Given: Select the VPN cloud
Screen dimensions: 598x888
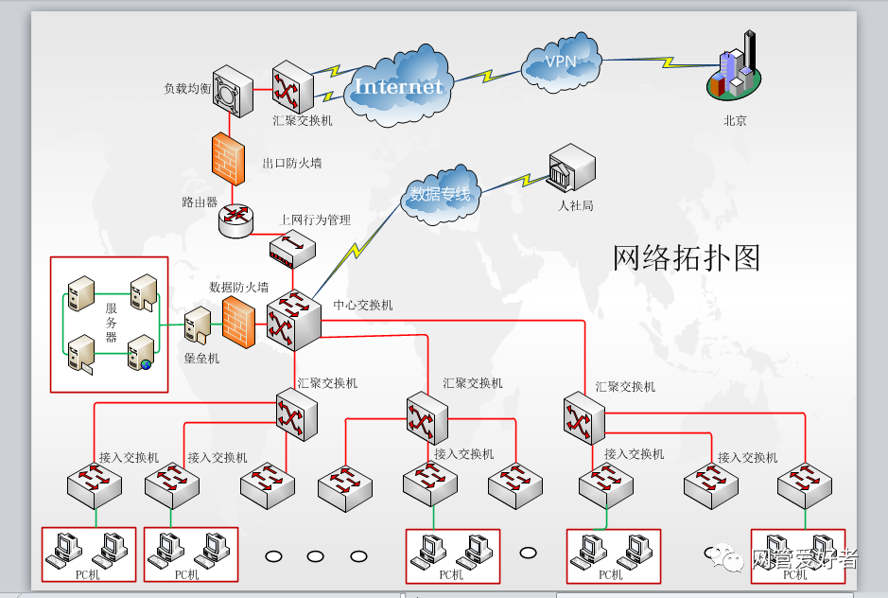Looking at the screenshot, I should click(561, 63).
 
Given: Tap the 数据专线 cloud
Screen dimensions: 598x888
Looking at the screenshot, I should click(440, 194).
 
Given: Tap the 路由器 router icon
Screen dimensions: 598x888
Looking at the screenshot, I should click(235, 220).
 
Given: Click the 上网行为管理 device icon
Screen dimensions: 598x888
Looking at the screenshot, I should click(292, 249).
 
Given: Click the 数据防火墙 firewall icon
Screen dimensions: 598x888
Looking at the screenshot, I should click(238, 321).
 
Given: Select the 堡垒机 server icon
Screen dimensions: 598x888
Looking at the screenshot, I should click(200, 325).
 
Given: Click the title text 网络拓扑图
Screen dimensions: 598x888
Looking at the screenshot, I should click(687, 257).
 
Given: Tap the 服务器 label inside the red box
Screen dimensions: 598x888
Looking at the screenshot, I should click(111, 323).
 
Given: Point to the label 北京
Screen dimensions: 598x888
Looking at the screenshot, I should click(735, 121).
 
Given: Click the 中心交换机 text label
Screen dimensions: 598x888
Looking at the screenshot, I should click(363, 306).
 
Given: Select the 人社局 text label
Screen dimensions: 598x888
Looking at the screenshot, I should click(575, 205).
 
